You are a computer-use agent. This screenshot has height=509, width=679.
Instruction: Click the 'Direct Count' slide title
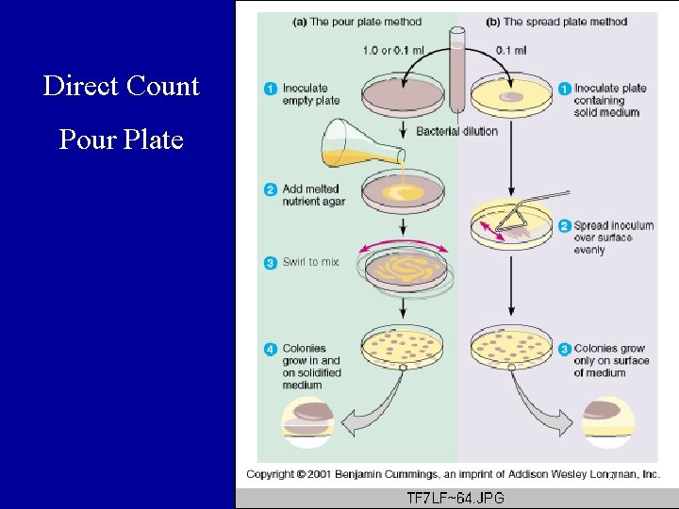point(121,86)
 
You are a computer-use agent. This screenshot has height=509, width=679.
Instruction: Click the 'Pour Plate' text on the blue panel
point(121,140)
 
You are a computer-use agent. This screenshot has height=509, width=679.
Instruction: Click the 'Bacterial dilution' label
point(456,132)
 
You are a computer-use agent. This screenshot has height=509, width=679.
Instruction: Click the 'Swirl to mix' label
point(310,262)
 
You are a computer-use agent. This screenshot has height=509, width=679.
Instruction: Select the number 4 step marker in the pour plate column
point(270,350)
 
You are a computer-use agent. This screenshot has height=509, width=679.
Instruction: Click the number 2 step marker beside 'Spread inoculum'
point(564,226)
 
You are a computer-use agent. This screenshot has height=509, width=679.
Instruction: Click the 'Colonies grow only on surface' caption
point(611,360)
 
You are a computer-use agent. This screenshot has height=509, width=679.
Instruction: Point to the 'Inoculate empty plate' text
point(311,95)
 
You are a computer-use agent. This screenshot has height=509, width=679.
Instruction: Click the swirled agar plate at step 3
point(404,270)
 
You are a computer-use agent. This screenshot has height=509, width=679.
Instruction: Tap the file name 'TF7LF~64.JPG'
point(455,498)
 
